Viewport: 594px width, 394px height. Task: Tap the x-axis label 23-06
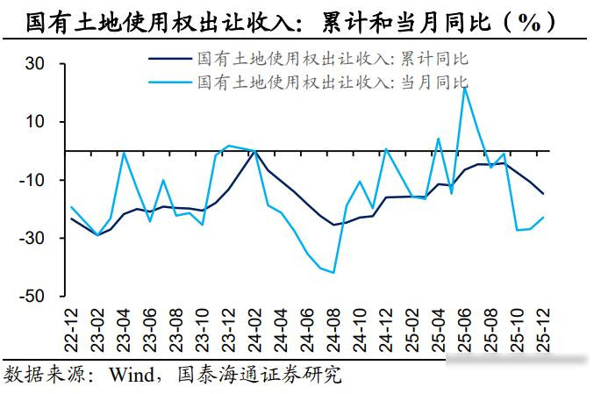coord(150,326)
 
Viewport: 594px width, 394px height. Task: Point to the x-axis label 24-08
coord(334,326)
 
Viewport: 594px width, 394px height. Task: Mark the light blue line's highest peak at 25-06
coord(465,87)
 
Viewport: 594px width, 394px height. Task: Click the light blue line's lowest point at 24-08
coord(333,272)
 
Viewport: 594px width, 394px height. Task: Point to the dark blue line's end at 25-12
coord(544,194)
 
